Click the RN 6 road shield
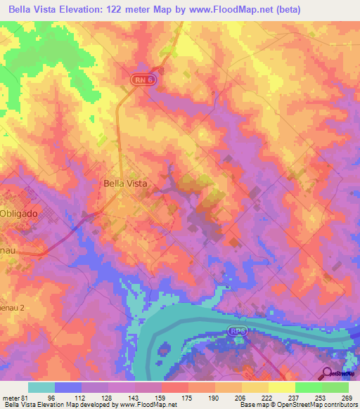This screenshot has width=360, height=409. (x=142, y=82)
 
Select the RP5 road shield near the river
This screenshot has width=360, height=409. (x=237, y=330)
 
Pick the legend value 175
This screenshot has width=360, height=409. (x=186, y=397)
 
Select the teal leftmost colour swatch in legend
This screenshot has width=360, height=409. (x=41, y=387)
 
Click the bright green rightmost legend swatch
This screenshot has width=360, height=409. (x=335, y=387)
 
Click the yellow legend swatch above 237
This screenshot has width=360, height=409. (x=282, y=387)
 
